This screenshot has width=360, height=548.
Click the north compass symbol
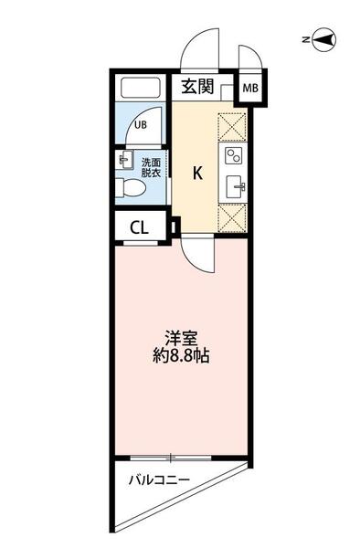tap(323, 40)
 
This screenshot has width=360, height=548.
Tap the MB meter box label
tap(250, 88)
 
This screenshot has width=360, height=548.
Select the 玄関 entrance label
tap(197, 87)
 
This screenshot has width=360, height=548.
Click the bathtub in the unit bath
tap(141, 88)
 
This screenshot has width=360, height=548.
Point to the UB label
tap(141, 125)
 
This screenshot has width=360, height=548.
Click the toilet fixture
tap(131, 187)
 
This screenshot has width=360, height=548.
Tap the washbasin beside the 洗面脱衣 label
tap(124, 160)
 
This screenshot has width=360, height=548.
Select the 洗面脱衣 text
tap(151, 168)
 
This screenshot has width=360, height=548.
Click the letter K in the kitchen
tap(198, 173)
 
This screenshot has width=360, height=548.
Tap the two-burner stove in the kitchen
tap(233, 155)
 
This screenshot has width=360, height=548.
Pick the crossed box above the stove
tap(232, 127)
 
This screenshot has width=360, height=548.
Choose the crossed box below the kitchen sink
tap(232, 218)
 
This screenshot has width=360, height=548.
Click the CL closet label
tap(139, 228)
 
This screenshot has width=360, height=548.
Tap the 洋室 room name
tap(182, 338)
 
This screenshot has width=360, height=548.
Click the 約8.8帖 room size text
tap(181, 356)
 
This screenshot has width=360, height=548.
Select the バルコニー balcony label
tap(159, 479)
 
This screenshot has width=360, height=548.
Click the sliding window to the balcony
tap(171, 458)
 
